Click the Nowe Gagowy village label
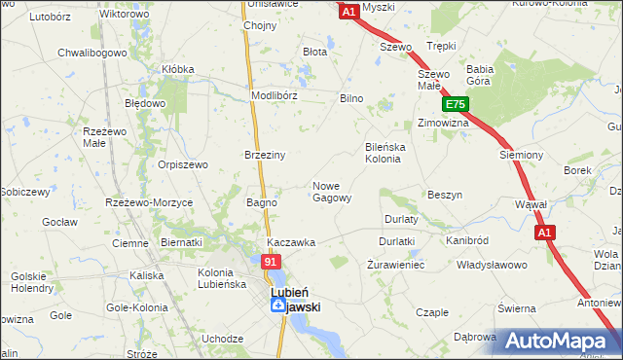tap(331, 192)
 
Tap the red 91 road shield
tap(272, 262)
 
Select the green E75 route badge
tap(456, 105)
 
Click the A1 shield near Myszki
tap(350, 12)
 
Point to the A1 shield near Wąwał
tap(544, 233)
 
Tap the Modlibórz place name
tap(274, 96)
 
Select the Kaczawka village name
tap(291, 242)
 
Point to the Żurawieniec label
tap(396, 265)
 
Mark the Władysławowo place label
tap(492, 265)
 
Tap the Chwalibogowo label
tap(86, 53)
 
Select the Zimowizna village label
tap(443, 124)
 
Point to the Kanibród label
tap(466, 239)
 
